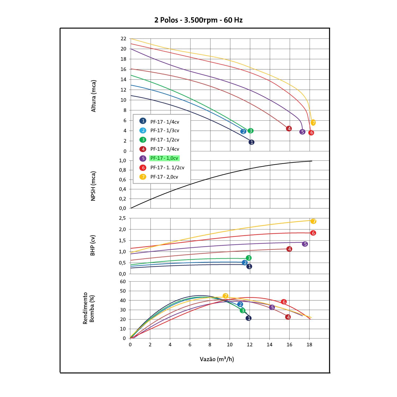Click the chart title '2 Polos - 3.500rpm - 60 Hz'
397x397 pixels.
[x=198, y=20]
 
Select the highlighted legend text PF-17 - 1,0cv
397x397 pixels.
[x=164, y=158]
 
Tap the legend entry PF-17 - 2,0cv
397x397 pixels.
[x=164, y=177]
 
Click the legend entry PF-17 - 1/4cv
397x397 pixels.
[x=165, y=121]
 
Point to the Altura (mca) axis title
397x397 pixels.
[x=94, y=96]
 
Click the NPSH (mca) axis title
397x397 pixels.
[x=93, y=186]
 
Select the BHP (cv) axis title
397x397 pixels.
[x=93, y=246]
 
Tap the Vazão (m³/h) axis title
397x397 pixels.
[x=217, y=359]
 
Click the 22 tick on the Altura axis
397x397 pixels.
[x=123, y=39]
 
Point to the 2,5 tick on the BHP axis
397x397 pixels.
[x=123, y=218]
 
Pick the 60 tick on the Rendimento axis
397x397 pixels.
[x=123, y=281]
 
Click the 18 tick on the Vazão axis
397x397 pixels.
[x=309, y=345]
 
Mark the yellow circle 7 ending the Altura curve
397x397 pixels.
[x=313, y=123]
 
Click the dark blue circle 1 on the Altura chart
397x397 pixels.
[x=251, y=142]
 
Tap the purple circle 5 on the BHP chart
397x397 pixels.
[x=305, y=244]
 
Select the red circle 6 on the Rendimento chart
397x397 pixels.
[x=284, y=302]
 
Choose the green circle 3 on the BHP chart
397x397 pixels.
[x=249, y=258]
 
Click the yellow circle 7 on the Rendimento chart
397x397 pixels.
[x=225, y=296]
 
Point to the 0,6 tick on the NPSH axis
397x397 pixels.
[x=123, y=179]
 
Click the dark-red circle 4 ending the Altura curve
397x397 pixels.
[x=289, y=128]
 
